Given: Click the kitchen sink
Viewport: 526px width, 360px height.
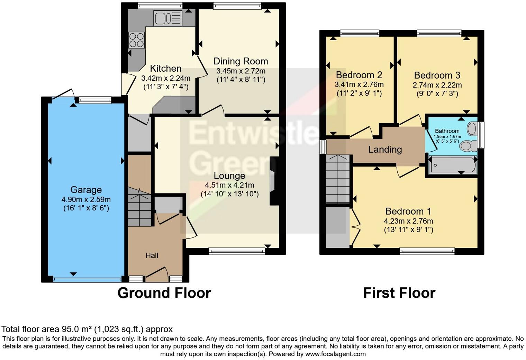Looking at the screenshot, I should [168, 18].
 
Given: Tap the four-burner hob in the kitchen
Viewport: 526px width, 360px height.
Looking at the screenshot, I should [136, 39].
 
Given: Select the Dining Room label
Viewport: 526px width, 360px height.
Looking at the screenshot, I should [241, 61].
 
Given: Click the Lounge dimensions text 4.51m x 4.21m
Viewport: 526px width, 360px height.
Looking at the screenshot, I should [229, 185].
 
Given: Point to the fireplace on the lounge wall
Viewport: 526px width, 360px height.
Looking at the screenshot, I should [273, 181].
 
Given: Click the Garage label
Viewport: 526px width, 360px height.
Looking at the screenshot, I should [86, 190].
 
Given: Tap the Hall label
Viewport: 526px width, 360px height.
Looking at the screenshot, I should [152, 255].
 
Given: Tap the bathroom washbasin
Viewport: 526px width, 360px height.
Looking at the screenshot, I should [472, 129].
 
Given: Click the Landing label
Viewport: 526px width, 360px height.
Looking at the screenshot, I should [385, 150].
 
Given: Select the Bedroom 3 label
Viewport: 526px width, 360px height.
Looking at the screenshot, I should [437, 75].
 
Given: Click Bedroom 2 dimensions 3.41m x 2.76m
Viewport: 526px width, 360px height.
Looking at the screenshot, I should [359, 84].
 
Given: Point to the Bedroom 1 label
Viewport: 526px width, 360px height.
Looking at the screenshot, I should [408, 211].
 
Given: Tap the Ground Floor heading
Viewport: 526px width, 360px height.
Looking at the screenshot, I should [164, 293].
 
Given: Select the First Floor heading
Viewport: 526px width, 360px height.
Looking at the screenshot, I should [399, 293].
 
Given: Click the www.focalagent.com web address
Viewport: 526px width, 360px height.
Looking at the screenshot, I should [335, 354].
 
